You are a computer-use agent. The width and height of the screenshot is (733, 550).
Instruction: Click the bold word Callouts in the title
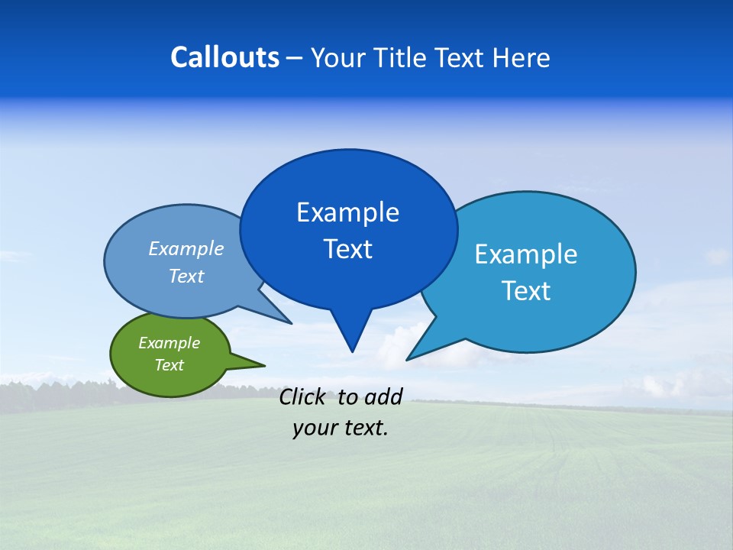pyautogui.click(x=224, y=57)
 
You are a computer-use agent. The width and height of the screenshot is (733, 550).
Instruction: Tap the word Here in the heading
pyautogui.click(x=522, y=57)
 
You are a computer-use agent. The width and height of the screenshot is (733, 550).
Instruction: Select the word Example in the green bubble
pyautogui.click(x=169, y=343)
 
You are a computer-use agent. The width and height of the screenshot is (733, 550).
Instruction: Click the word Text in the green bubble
pyautogui.click(x=169, y=365)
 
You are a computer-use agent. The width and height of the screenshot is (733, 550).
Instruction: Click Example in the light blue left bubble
pyautogui.click(x=186, y=248)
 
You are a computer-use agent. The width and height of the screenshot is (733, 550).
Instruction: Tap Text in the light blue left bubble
pyautogui.click(x=186, y=276)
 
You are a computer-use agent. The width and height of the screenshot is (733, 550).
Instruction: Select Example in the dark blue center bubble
pyautogui.click(x=347, y=212)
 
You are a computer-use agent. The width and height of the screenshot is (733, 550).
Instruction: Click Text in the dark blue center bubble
pyautogui.click(x=347, y=249)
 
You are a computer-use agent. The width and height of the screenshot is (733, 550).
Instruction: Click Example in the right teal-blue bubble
pyautogui.click(x=526, y=254)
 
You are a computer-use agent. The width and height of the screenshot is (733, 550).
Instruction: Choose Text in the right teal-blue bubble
pyautogui.click(x=526, y=290)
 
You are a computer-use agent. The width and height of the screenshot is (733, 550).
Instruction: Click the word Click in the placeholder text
pyautogui.click(x=303, y=396)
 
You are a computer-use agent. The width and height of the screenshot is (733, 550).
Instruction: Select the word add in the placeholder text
pyautogui.click(x=383, y=396)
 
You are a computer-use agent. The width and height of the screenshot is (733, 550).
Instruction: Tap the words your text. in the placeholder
pyautogui.click(x=341, y=428)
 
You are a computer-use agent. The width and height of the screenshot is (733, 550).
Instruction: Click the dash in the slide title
pyautogui.click(x=295, y=58)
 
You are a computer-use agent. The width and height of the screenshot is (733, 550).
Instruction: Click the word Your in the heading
pyautogui.click(x=337, y=57)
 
